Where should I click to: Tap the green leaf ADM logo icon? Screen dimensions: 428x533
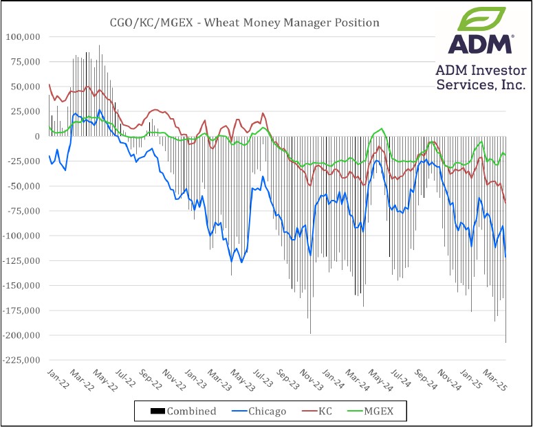(x=480, y=19)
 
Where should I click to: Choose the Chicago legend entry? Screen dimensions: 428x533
(x=263, y=411)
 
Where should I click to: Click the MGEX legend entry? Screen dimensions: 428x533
(x=375, y=411)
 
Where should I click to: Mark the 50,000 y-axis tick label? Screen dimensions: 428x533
(x=26, y=87)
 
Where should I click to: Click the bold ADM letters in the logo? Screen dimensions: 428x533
(x=480, y=44)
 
